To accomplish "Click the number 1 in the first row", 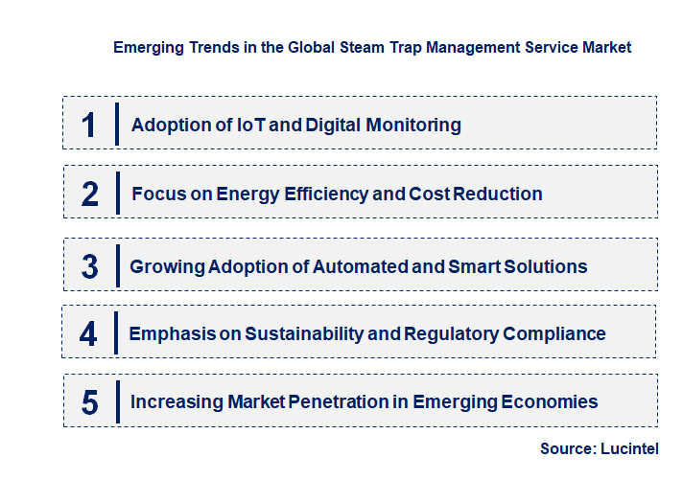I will [89, 126].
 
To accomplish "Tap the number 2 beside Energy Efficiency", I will [90, 194].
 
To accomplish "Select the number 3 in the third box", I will [90, 266].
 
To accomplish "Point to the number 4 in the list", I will [89, 334].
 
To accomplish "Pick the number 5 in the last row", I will [90, 402].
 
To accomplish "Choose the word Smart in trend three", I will [475, 265].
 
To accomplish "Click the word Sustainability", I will [314, 333].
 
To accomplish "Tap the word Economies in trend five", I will [550, 401].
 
